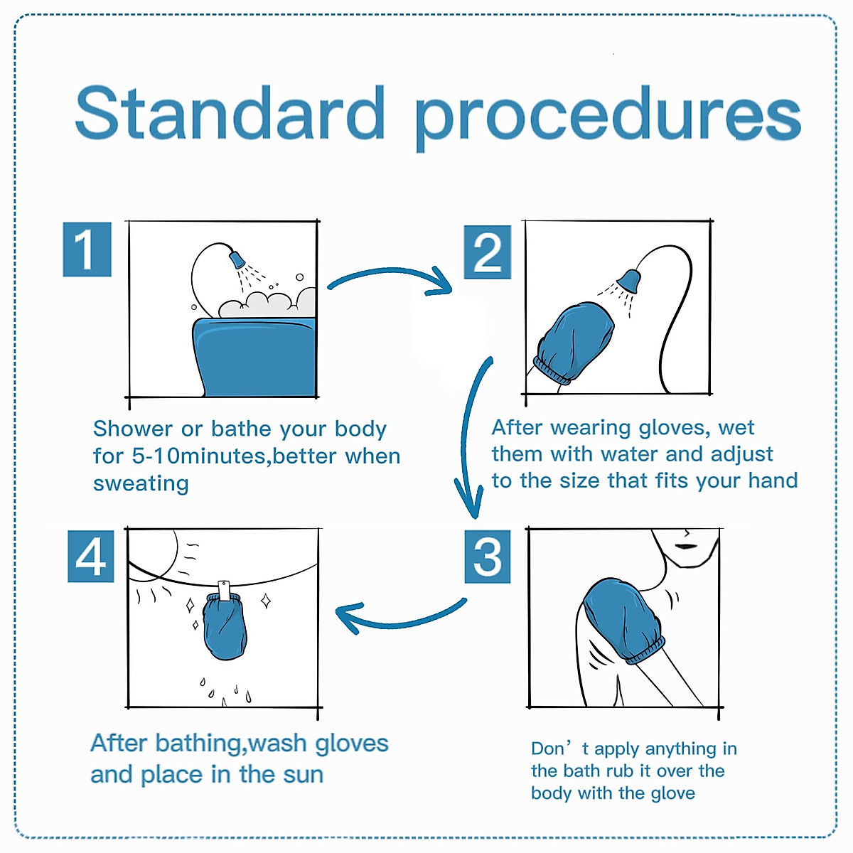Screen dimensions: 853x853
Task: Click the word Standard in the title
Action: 230,112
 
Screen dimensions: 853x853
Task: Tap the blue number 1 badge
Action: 87,249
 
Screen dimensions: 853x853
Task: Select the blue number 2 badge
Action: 487,252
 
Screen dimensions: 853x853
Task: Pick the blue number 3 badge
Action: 488,557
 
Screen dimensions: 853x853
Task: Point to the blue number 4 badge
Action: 91,557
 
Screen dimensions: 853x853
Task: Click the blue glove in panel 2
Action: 574,341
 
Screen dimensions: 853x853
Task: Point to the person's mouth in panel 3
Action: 685,546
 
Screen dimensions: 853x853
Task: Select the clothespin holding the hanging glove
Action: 225,591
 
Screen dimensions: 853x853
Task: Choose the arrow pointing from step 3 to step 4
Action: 398,618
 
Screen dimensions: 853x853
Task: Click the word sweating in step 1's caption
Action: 141,483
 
